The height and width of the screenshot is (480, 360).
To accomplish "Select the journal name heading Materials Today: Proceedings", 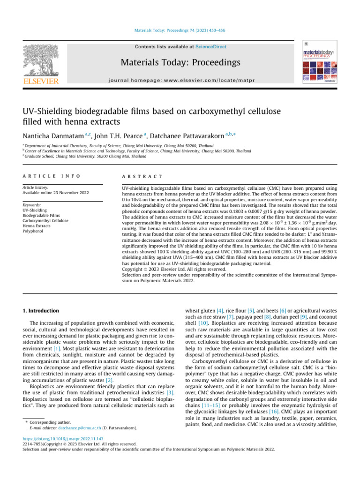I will pyautogui.click(x=180, y=62).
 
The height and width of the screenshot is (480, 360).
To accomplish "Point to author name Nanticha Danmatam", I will pyautogui.click(x=53, y=135).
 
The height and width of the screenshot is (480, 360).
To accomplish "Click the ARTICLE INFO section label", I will pyautogui.click(x=51, y=176).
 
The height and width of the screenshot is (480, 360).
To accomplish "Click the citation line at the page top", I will pyautogui.click(x=180, y=32).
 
